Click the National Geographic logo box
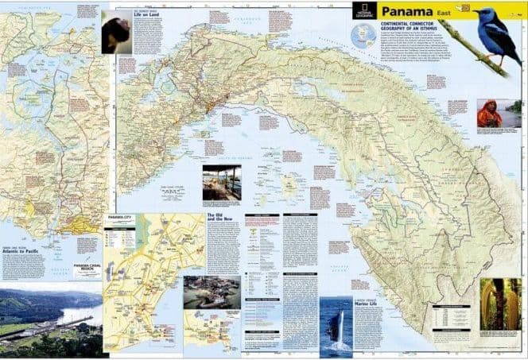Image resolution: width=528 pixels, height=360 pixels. point(365,11)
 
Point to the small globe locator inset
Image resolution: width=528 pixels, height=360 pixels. point(362,35)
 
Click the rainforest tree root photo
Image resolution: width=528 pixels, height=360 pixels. point(501,304)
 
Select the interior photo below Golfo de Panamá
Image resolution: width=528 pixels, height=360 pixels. point(222,184)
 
